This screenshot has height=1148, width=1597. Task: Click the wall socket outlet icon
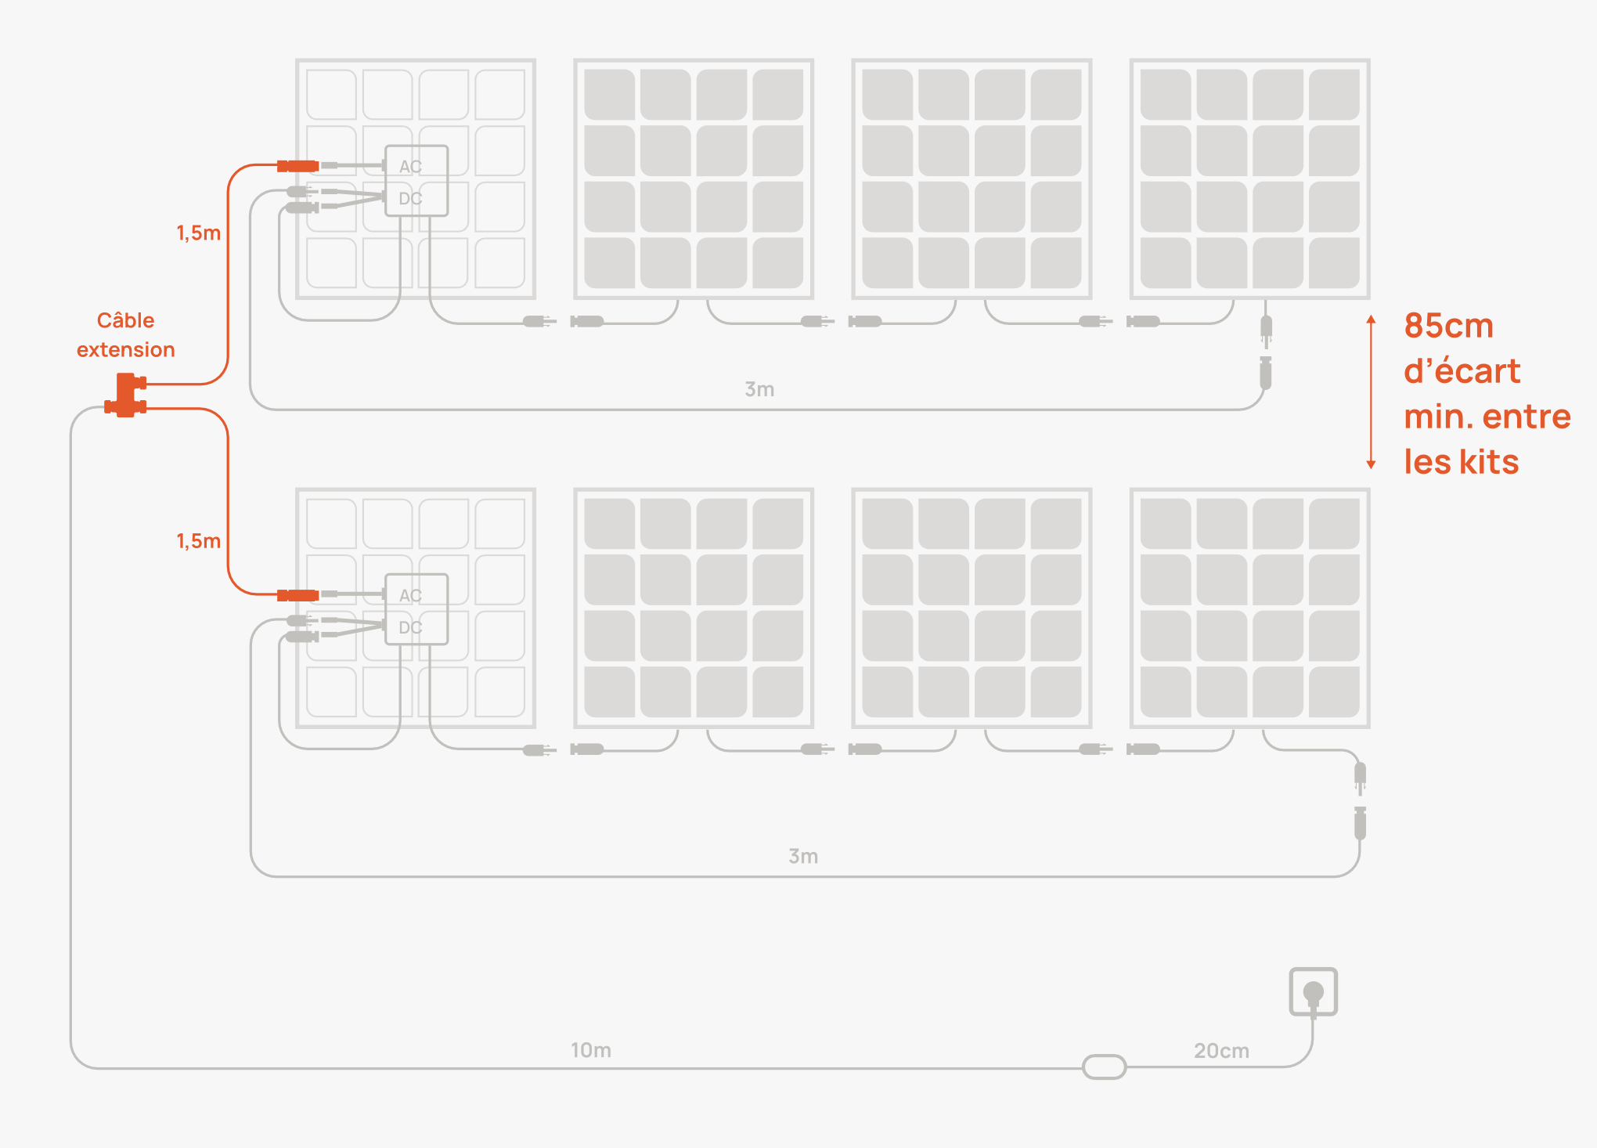pyautogui.click(x=1313, y=992)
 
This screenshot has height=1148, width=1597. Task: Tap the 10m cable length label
pyautogui.click(x=590, y=1050)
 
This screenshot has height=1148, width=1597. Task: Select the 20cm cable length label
pyautogui.click(x=1220, y=1051)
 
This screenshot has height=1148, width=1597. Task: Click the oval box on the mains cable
pyautogui.click(x=1104, y=1067)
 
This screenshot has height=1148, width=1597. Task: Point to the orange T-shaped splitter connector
pyautogui.click(x=125, y=395)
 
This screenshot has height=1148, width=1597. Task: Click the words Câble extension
pyautogui.click(x=125, y=335)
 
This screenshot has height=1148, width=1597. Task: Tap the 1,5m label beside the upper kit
pyautogui.click(x=198, y=233)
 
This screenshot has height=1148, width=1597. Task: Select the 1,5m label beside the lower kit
pyautogui.click(x=198, y=541)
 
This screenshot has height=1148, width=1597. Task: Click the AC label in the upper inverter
pyautogui.click(x=410, y=167)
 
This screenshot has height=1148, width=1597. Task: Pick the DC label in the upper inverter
pyautogui.click(x=410, y=199)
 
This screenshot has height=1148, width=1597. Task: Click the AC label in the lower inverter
pyautogui.click(x=410, y=596)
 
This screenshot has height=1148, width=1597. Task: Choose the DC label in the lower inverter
pyautogui.click(x=410, y=628)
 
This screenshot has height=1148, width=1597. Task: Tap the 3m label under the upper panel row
pyautogui.click(x=759, y=389)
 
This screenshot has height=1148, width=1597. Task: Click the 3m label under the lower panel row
pyautogui.click(x=802, y=857)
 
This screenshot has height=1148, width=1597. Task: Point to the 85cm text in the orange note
pyautogui.click(x=1448, y=326)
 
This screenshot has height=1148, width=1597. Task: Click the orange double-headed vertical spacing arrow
pyautogui.click(x=1371, y=392)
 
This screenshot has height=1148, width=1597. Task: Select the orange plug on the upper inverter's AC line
pyautogui.click(x=298, y=166)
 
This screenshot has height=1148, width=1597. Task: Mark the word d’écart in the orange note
pyautogui.click(x=1462, y=371)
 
